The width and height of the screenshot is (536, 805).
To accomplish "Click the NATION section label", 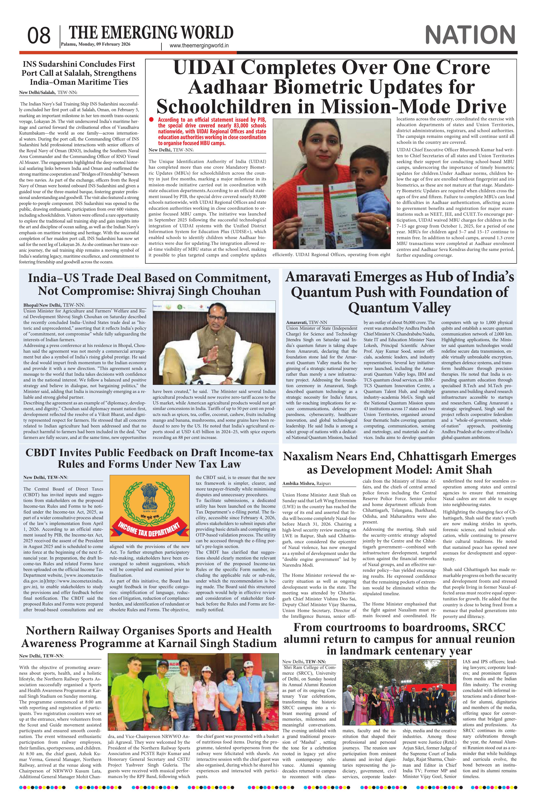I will [470, 35].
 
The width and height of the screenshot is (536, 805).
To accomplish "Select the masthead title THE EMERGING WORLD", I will [151, 33].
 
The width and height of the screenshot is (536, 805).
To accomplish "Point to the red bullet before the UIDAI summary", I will [151, 119].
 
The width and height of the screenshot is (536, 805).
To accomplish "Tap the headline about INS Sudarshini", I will [79, 73].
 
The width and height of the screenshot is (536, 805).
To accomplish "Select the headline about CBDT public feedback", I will [149, 458].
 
